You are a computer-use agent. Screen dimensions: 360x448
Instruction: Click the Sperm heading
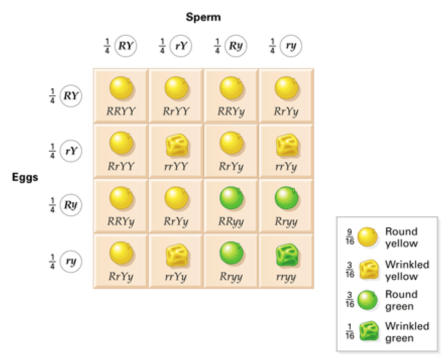[x=203, y=17]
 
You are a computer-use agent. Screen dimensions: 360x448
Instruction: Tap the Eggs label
[x=25, y=177]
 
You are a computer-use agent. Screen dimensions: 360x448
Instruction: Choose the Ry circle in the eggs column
[x=70, y=206]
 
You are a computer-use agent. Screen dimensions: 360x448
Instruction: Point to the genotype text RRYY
[x=121, y=111]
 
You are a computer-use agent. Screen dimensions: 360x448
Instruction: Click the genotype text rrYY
[x=176, y=167]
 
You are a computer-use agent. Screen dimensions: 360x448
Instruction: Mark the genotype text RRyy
[x=231, y=222]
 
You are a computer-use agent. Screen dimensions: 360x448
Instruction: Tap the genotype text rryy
[x=286, y=277]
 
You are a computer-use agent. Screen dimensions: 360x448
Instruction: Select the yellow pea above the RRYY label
[x=122, y=89]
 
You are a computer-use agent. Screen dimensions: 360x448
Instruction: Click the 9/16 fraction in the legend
[x=349, y=236]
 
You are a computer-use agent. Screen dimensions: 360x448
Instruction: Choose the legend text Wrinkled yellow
[x=407, y=270]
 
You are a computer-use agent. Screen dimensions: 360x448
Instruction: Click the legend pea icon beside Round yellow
[x=367, y=237]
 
